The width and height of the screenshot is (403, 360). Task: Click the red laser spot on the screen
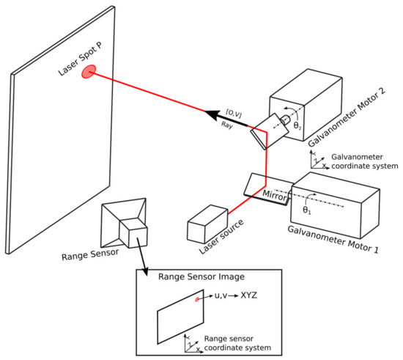pos(89,71)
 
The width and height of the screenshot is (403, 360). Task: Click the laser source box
pos(210,221)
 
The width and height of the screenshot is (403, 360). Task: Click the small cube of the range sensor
pos(134,234)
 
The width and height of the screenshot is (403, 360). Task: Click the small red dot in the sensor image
pos(197,299)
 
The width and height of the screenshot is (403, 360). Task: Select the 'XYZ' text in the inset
pos(248,297)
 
